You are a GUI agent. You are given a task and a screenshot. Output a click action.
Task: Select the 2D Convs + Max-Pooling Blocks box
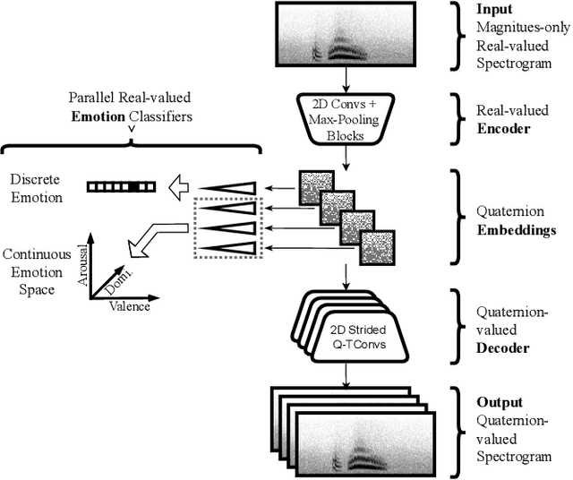click(343, 115)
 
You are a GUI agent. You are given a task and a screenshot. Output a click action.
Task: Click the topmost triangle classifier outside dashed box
click(228, 187)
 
